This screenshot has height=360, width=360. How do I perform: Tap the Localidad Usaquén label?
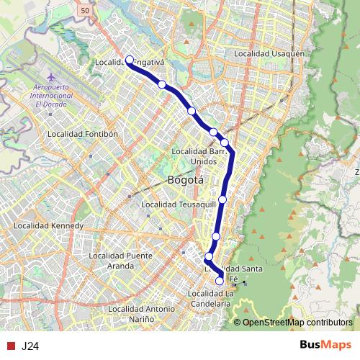point(275,54)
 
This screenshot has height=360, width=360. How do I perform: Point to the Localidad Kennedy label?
point(48,225)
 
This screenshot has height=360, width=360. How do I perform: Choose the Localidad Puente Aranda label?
point(120,260)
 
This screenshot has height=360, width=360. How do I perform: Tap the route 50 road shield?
point(85,11)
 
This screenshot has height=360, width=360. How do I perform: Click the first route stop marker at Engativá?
point(130,60)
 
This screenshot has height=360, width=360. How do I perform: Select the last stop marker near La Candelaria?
point(220,281)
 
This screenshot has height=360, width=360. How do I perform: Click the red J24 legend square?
point(10,346)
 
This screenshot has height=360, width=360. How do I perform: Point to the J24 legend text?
point(30,346)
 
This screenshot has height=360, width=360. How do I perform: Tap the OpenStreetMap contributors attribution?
point(298,322)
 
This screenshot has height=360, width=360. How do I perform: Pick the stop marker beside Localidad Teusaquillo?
point(222,199)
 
